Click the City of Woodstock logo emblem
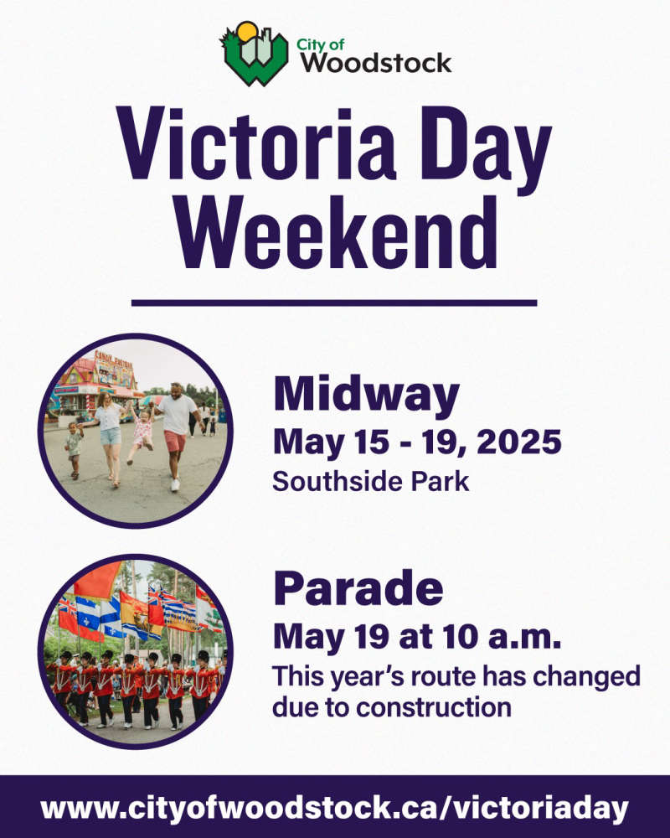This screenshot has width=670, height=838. (255, 54)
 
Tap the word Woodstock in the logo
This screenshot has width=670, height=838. (375, 63)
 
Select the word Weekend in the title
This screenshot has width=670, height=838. (337, 233)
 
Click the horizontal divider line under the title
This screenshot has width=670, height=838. (334, 303)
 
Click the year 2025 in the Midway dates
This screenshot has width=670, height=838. (518, 443)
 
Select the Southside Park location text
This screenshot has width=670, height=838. (371, 481)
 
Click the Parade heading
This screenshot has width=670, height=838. (358, 588)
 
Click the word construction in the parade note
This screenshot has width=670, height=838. (434, 707)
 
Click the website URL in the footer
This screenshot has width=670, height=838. (334, 808)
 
